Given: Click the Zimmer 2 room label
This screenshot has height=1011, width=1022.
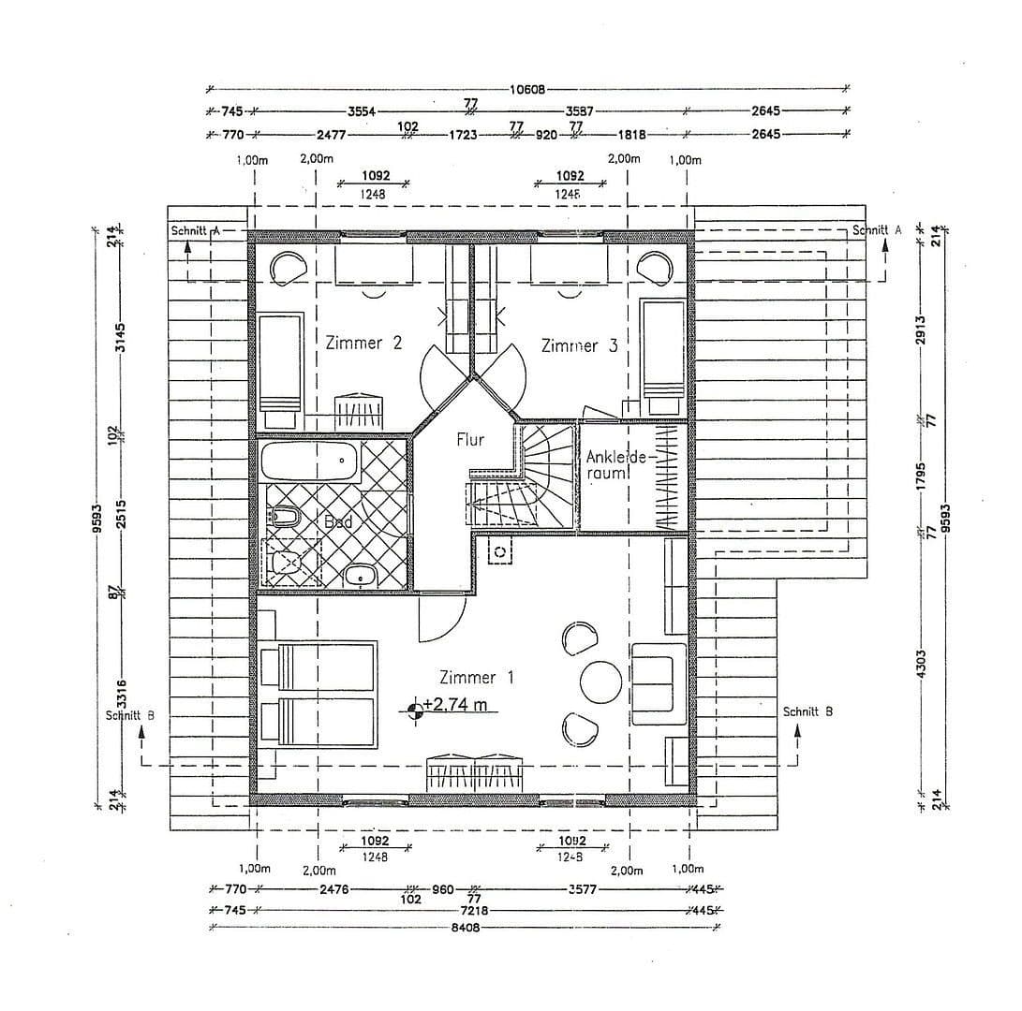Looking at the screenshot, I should (x=363, y=344).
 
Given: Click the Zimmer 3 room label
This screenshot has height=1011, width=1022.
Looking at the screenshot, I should (x=579, y=345).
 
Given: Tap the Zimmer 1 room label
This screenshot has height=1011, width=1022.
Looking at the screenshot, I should (x=476, y=677).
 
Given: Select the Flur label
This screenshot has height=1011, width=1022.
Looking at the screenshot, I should (x=470, y=439).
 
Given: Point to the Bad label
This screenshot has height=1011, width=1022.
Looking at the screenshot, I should (x=337, y=521).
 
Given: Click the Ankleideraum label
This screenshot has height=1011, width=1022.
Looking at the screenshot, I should (x=615, y=465).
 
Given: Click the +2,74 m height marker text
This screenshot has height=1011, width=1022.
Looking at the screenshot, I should (x=455, y=706).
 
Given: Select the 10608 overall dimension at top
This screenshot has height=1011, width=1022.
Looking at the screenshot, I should (x=527, y=90).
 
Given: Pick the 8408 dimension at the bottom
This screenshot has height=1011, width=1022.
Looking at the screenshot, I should (x=465, y=929).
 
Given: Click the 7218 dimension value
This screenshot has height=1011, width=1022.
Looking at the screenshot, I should (x=465, y=910).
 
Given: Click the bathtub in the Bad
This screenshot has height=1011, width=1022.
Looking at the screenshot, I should (x=310, y=461).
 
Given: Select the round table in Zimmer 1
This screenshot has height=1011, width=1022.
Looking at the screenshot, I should (x=600, y=681).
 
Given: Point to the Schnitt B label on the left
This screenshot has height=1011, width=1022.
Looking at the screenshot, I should (x=130, y=715).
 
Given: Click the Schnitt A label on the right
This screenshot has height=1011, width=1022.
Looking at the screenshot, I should (x=877, y=230).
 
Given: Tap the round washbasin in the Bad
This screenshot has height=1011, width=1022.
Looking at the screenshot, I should (x=359, y=576).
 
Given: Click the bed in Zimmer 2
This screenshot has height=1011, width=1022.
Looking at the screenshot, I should (x=279, y=364).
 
